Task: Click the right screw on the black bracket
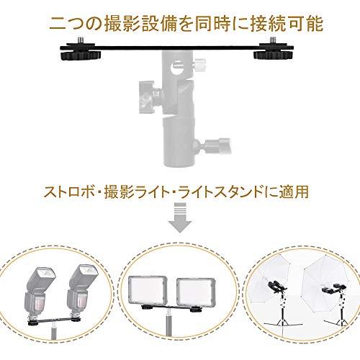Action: tap(273, 40)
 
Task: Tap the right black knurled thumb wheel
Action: tap(271, 55)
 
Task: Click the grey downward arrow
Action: tap(180, 217)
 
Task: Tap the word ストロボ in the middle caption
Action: tap(69, 192)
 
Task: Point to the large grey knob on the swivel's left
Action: tap(147, 96)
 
